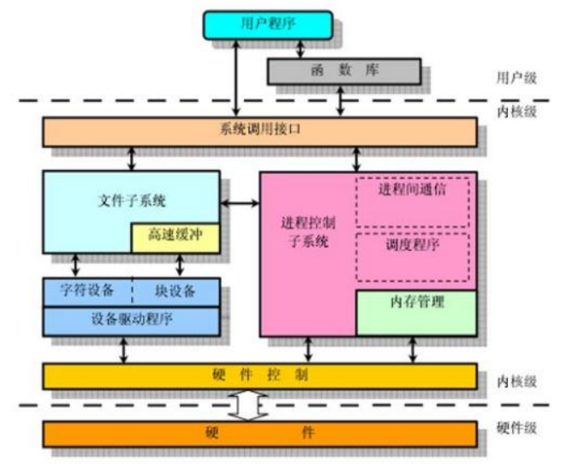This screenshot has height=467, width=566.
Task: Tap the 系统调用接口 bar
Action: point(259,131)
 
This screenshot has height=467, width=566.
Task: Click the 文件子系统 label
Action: point(131,202)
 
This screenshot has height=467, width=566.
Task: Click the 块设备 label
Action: point(176,290)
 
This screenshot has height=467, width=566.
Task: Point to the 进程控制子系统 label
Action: point(306,232)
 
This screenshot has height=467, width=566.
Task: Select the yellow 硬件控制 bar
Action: point(259,376)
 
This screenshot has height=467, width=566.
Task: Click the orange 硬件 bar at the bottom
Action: point(259,433)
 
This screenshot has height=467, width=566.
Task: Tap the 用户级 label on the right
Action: point(516,78)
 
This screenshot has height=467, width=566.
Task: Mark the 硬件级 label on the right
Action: point(516,428)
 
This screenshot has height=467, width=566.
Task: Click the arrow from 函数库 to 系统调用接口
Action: point(343,100)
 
